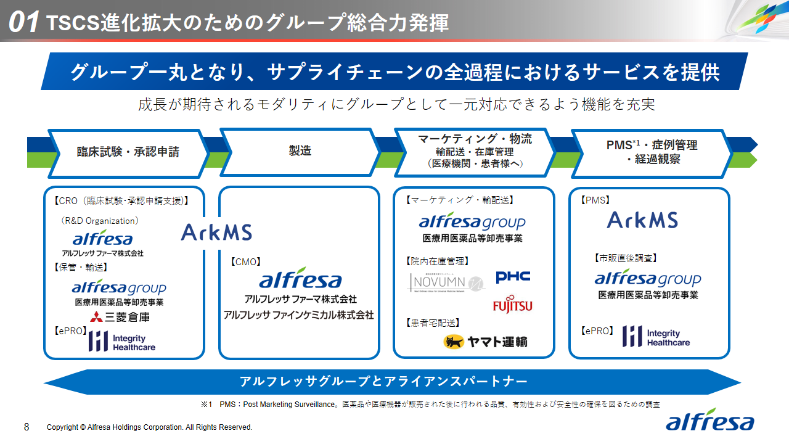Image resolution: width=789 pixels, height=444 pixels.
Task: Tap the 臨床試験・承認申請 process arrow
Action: [128, 152]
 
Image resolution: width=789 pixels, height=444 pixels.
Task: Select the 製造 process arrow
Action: [300, 151]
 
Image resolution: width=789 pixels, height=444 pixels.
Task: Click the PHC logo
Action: [513, 277]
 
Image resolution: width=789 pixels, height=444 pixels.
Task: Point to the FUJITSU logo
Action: [512, 305]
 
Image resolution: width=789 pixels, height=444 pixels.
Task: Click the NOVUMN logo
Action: [448, 282]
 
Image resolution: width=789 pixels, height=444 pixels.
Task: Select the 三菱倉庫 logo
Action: [120, 317]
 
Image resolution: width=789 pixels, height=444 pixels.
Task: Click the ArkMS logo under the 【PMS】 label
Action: [642, 220]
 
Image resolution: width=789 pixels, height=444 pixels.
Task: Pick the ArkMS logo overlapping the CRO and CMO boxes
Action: [216, 232]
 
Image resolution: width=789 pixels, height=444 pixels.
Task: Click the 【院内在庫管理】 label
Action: [438, 261]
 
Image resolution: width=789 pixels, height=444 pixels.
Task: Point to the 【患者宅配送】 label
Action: [433, 323]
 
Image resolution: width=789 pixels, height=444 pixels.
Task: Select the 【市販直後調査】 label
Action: [625, 258]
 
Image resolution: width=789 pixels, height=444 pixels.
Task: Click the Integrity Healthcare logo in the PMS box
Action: [656, 337]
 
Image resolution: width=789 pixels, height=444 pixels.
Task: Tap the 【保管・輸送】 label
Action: [81, 267]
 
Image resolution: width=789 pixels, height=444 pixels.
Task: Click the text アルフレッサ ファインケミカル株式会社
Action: [298, 315]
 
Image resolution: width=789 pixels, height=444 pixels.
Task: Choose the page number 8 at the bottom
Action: [27, 427]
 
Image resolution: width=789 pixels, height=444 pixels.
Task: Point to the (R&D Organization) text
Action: [99, 221]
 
